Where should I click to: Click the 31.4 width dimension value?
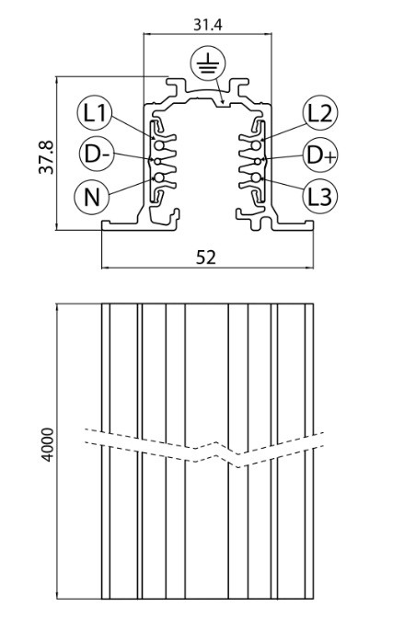pyautogui.click(x=208, y=25)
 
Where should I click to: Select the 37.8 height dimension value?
pyautogui.click(x=47, y=157)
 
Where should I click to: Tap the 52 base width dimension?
pyautogui.click(x=206, y=257)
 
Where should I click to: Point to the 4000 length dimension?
pyautogui.click(x=48, y=444)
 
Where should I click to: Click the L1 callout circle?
pyautogui.click(x=95, y=113)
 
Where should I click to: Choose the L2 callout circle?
pyautogui.click(x=320, y=113)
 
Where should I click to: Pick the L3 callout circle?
pyautogui.click(x=320, y=196)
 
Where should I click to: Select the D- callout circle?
pyautogui.click(x=97, y=154)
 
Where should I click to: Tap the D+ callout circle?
pyautogui.click(x=320, y=154)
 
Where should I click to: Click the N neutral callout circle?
pyautogui.click(x=92, y=197)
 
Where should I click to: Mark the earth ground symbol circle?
pyautogui.click(x=208, y=64)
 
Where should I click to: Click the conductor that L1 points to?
pyautogui.click(x=159, y=146)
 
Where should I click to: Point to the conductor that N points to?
pyautogui.click(x=159, y=177)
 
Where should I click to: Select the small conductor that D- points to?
pyautogui.click(x=157, y=162)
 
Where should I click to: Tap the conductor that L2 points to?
pyautogui.click(x=256, y=146)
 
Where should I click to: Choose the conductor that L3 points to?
pyautogui.click(x=256, y=177)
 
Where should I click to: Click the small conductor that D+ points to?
pyautogui.click(x=258, y=162)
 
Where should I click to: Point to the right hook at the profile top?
pyautogui.click(x=238, y=86)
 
